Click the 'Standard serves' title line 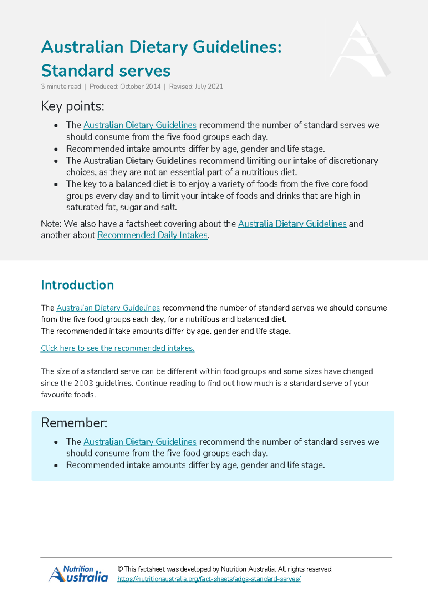(106, 71)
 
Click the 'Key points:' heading (72, 106)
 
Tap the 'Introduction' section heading (77, 285)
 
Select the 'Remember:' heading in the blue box (74, 423)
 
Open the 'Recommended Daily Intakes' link (152, 235)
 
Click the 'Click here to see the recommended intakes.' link (117, 348)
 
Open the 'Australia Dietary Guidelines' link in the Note (292, 224)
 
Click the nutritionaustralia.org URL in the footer (209, 579)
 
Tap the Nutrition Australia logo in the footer (78, 574)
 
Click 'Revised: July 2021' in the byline (196, 87)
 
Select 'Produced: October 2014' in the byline (125, 87)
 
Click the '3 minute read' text (61, 87)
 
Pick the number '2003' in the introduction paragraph (83, 383)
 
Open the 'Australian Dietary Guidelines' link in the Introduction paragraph (108, 308)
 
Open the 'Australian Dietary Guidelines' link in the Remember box (140, 442)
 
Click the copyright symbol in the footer (120, 569)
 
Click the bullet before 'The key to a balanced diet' (56, 184)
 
